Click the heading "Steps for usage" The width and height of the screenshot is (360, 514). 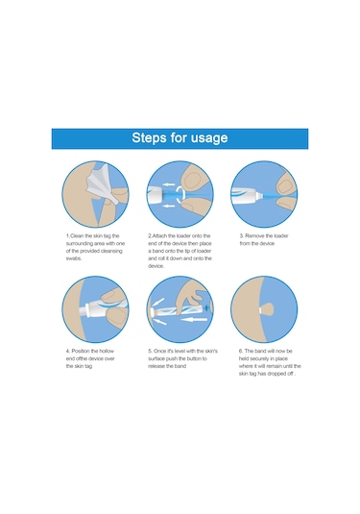coord(180,137)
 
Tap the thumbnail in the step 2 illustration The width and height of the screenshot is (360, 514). coord(190,180)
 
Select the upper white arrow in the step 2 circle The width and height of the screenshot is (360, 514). coord(169,184)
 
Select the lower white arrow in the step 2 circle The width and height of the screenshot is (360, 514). coord(169,206)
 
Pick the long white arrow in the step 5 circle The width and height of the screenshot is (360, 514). coord(194,319)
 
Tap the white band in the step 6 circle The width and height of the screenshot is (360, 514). coord(260,309)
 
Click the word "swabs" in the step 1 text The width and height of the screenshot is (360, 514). coord(73,258)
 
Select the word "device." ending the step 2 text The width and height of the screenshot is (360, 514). coord(156,266)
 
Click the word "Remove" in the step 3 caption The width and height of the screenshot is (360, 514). coord(254,235)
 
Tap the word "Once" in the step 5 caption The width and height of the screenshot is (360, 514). coord(159,351)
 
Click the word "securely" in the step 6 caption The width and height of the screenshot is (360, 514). coord(260,358)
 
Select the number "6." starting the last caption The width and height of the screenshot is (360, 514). coord(241,351)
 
